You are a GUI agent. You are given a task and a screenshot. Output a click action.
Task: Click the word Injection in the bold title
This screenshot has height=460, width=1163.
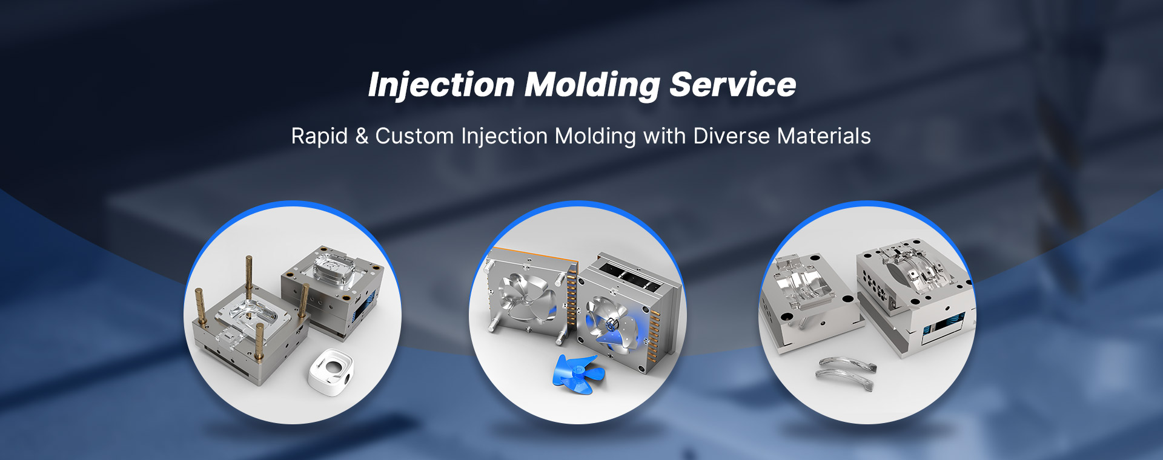coord(441,85)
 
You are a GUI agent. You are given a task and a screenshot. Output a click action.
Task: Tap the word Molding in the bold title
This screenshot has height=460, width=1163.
coord(592,85)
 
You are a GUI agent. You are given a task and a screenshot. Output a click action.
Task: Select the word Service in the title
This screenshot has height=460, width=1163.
coord(733,85)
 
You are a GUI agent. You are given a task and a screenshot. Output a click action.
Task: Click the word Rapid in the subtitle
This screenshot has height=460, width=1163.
coord(319,136)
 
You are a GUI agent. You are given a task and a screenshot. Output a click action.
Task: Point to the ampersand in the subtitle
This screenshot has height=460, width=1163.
coord(362,136)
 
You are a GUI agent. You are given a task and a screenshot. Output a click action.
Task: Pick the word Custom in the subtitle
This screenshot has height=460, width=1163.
coord(414,136)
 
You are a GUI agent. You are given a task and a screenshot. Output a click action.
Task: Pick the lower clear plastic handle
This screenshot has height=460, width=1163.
coord(845,379)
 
